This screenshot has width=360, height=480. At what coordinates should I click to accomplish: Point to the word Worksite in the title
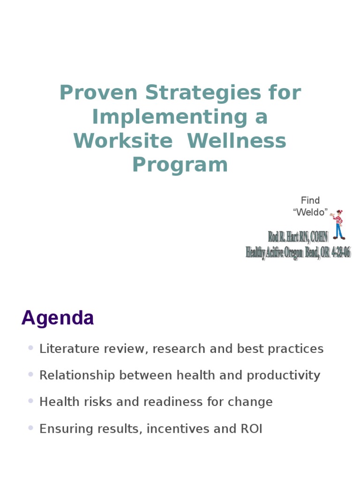tap(123, 141)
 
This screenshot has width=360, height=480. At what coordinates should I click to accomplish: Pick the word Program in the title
tap(180, 165)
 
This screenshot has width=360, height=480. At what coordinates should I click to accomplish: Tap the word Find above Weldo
tap(310, 201)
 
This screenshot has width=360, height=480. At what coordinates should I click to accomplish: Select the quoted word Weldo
tap(310, 212)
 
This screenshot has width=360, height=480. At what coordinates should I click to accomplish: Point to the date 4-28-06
tap(341, 253)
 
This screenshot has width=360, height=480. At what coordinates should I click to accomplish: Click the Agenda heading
tap(58, 318)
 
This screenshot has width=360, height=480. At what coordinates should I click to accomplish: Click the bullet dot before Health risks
tap(31, 401)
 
